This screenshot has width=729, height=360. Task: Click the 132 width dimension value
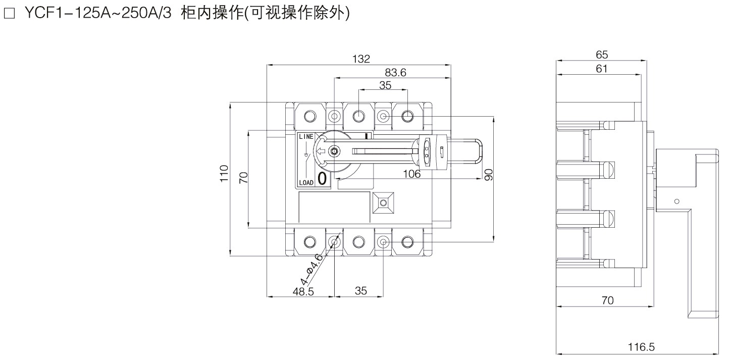[361, 59]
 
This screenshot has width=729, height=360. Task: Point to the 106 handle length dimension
[412, 174]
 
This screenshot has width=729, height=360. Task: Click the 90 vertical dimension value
[488, 174]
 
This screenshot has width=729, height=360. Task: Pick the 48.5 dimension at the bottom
[303, 291]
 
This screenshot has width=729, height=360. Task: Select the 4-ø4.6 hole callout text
[311, 270]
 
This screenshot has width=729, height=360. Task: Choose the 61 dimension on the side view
[601, 69]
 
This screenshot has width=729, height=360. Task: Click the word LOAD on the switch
[306, 182]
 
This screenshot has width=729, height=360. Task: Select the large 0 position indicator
[322, 179]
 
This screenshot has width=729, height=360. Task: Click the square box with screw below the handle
[383, 203]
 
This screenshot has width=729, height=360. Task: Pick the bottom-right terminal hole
[407, 242]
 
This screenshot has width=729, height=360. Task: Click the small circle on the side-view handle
[677, 201]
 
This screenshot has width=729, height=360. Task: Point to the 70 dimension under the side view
[607, 301]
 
